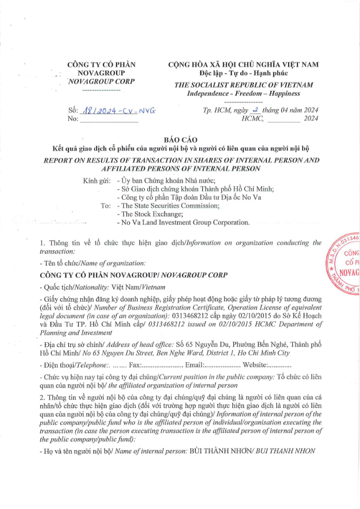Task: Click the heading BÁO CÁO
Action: point(180,140)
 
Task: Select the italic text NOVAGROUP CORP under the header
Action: point(101,82)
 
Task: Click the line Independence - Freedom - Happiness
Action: point(243,94)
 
